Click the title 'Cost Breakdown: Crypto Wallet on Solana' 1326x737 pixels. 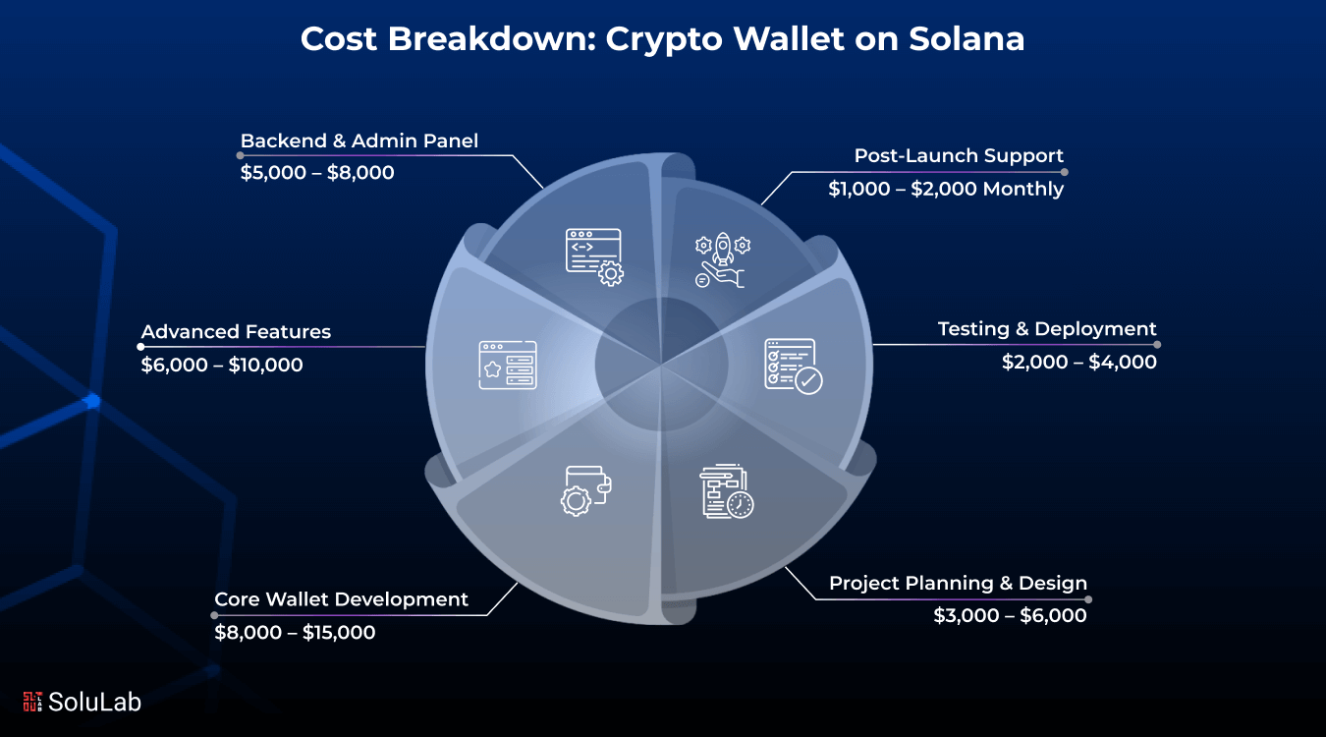(x=662, y=39)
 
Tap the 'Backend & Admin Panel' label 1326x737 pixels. (x=359, y=142)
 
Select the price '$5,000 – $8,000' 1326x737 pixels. (x=317, y=174)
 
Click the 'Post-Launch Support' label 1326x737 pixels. (x=959, y=156)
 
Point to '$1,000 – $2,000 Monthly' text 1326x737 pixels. (x=946, y=190)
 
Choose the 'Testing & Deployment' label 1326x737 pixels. (x=1047, y=329)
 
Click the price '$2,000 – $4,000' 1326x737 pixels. (x=1078, y=363)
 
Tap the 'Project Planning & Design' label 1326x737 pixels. (x=958, y=584)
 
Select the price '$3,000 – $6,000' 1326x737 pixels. (x=1010, y=616)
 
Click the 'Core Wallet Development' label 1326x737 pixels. (x=342, y=599)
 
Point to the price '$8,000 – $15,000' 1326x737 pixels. (x=295, y=633)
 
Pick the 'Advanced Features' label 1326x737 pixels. (x=236, y=332)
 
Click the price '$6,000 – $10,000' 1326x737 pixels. (x=222, y=366)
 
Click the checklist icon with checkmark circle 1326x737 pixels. (x=793, y=366)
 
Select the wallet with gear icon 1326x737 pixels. (x=586, y=489)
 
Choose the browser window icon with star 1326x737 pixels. (x=508, y=366)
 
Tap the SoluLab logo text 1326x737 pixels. (x=94, y=702)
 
